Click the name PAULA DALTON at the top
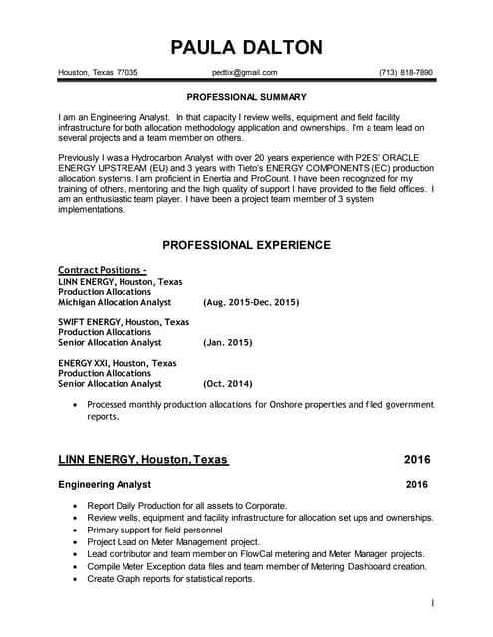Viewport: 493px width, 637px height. pos(246,47)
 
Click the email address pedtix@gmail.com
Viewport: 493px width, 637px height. pos(245,73)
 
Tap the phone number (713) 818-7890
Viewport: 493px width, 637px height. pos(406,73)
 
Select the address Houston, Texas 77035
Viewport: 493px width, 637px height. pos(98,73)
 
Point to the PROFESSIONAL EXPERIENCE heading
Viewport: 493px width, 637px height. pos(246,245)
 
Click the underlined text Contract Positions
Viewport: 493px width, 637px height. pos(102,270)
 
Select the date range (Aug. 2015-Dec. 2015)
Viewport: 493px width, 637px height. pos(250,302)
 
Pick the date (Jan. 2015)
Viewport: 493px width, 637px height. pos(227,342)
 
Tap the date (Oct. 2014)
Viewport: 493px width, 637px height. pos(227,383)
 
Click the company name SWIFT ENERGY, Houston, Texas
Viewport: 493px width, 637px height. pos(123,322)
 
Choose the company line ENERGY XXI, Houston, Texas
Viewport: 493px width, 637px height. pos(118,363)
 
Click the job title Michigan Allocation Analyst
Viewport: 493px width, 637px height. pos(115,302)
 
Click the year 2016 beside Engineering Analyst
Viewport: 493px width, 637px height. pos(417,485)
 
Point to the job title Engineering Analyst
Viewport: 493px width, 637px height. pos(105,485)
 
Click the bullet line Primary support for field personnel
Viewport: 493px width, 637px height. pos(172,531)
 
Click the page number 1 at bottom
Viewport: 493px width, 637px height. pos(433,603)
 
